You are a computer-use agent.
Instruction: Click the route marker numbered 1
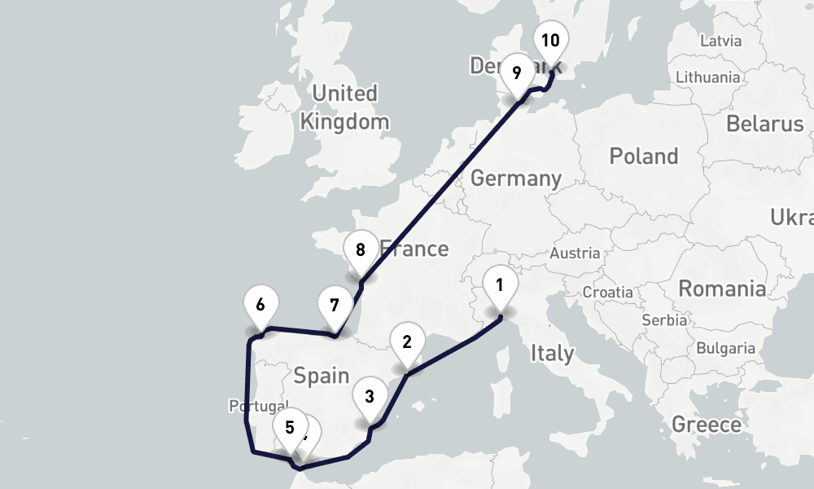[500, 286]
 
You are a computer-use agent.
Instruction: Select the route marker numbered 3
[370, 398]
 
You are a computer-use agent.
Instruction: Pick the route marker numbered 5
[290, 426]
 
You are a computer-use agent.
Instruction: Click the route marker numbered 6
[260, 306]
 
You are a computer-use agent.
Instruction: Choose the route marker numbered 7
[334, 306]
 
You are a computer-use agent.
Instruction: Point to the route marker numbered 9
[516, 73]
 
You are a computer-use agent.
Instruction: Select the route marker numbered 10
[550, 41]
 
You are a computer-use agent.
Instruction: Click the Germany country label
[516, 178]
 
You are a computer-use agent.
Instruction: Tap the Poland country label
[644, 156]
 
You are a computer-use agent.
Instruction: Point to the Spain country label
[321, 376]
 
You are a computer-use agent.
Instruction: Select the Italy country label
[552, 354]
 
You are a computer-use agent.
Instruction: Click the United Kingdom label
[345, 108]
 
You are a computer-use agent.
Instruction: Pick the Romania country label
[722, 289]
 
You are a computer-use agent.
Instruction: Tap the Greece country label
[707, 425]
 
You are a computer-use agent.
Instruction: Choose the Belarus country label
[764, 125]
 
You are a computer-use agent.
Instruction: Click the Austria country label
[575, 253]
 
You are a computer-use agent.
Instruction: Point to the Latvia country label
[720, 40]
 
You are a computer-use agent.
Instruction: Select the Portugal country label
[257, 406]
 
